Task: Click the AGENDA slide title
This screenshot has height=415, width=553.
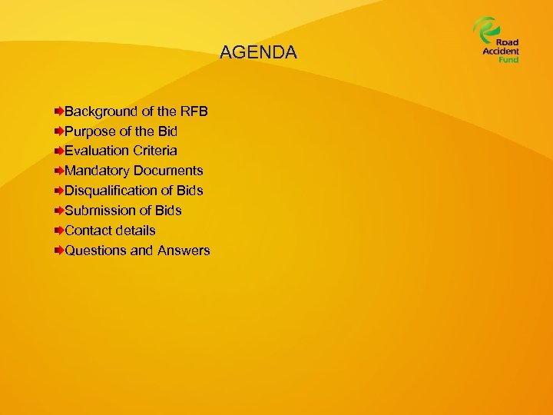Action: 257,52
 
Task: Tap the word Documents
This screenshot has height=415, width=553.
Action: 168,171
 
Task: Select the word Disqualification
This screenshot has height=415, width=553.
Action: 111,190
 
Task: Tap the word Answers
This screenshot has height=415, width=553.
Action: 184,250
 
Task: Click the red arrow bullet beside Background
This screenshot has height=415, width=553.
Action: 59,111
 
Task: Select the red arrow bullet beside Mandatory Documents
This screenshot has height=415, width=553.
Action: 59,171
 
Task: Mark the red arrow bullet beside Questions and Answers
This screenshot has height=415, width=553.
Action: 59,250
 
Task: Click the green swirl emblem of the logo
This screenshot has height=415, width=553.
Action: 485,30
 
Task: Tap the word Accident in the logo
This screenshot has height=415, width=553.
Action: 501,51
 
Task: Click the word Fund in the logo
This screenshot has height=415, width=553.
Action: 508,59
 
